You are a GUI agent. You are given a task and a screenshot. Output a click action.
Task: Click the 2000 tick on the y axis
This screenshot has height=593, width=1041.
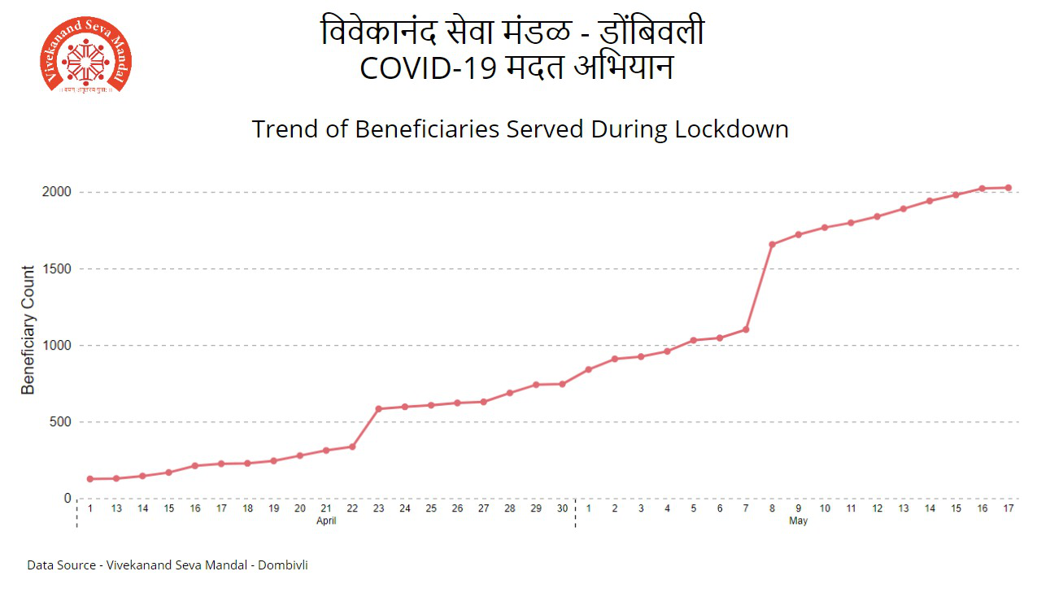pyautogui.click(x=57, y=192)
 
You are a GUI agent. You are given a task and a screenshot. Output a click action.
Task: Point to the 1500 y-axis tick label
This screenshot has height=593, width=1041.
pyautogui.click(x=57, y=268)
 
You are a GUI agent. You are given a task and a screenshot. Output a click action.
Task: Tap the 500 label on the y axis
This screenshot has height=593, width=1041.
pyautogui.click(x=60, y=422)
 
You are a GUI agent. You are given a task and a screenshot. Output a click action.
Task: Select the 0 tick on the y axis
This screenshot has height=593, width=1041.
pyautogui.click(x=68, y=499)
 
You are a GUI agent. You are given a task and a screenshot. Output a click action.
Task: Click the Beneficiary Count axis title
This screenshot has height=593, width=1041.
pyautogui.click(x=28, y=330)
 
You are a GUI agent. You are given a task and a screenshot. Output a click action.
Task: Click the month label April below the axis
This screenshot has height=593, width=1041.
pyautogui.click(x=326, y=521)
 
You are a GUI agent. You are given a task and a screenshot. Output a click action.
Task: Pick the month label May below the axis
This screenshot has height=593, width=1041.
pyautogui.click(x=799, y=521)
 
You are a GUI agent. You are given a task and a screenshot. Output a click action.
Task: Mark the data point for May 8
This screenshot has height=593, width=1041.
pyautogui.click(x=773, y=245)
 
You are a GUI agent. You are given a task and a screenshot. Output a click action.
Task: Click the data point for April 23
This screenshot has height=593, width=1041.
pyautogui.click(x=379, y=409)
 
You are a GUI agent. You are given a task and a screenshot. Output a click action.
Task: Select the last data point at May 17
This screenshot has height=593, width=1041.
pyautogui.click(x=1008, y=188)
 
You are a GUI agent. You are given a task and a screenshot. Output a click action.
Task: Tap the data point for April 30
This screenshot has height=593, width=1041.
pyautogui.click(x=562, y=384)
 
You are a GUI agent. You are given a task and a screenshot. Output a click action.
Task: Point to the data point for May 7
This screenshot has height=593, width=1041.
pyautogui.click(x=746, y=329)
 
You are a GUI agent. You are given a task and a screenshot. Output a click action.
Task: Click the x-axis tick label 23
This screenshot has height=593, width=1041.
pyautogui.click(x=379, y=508)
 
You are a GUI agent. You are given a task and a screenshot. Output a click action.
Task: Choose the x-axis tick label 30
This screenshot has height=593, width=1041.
pyautogui.click(x=562, y=508)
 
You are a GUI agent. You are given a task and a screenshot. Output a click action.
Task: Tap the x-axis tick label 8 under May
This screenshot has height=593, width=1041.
pyautogui.click(x=773, y=508)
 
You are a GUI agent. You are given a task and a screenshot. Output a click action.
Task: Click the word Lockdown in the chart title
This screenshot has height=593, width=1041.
pyautogui.click(x=732, y=129)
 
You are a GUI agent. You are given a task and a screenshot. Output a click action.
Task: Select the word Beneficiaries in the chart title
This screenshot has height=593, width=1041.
pyautogui.click(x=428, y=129)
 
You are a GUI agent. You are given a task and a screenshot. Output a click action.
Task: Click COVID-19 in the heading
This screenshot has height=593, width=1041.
pyautogui.click(x=429, y=68)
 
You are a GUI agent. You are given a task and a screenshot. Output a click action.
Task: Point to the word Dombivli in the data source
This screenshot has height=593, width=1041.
pyautogui.click(x=283, y=565)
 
